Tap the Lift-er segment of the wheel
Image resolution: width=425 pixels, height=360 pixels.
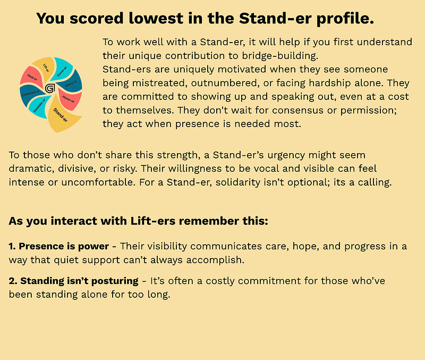(44, 68)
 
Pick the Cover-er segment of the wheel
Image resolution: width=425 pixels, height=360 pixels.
(62, 70)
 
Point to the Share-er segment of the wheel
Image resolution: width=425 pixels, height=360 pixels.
(72, 82)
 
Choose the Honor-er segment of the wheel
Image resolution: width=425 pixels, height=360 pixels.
(69, 99)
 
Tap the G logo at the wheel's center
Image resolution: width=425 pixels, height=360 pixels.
(50, 88)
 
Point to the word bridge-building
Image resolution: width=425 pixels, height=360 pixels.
(280, 56)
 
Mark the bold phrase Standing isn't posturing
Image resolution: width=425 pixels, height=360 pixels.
(73, 281)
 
